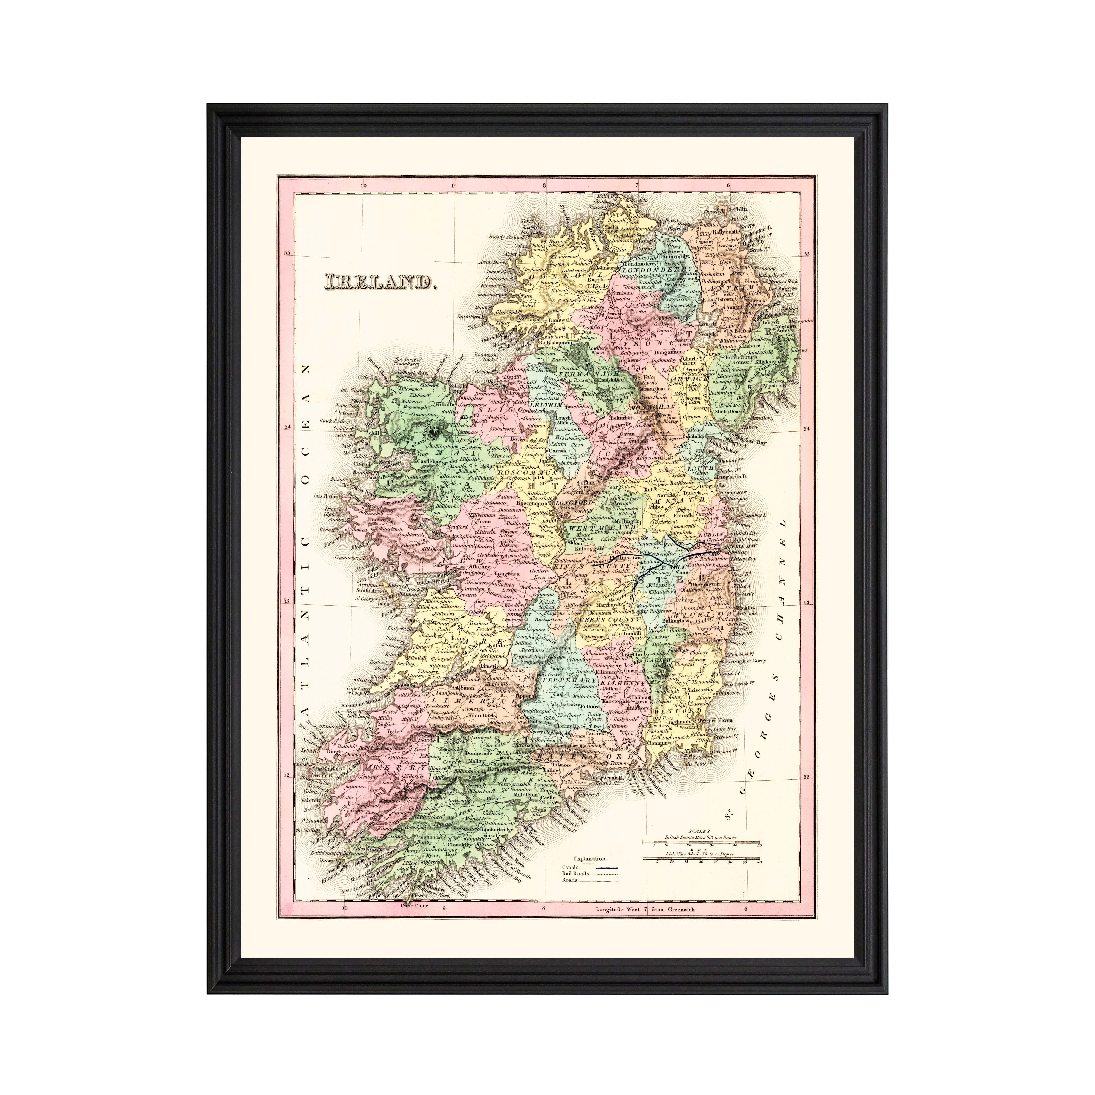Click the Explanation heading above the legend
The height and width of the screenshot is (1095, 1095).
pyautogui.click(x=589, y=875)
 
